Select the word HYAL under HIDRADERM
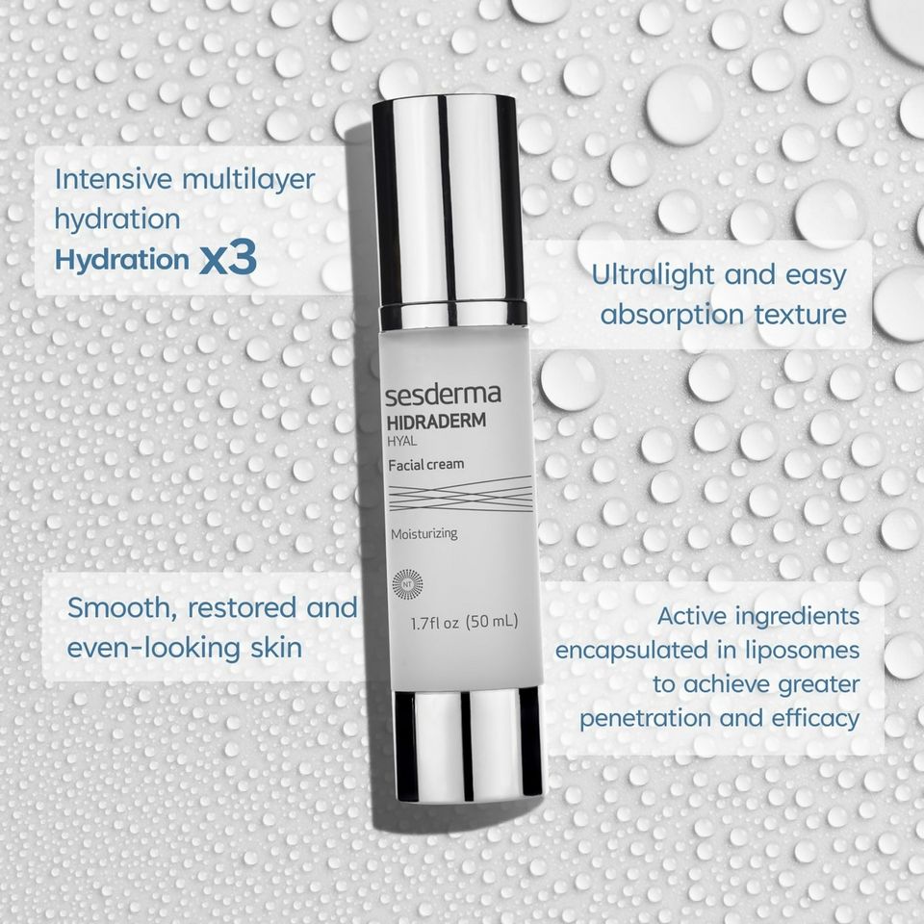pos(402,443)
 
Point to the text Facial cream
pos(425,464)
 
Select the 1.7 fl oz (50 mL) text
pos(464,622)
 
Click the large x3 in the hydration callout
pos(227,260)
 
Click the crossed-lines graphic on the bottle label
pos(460,494)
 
